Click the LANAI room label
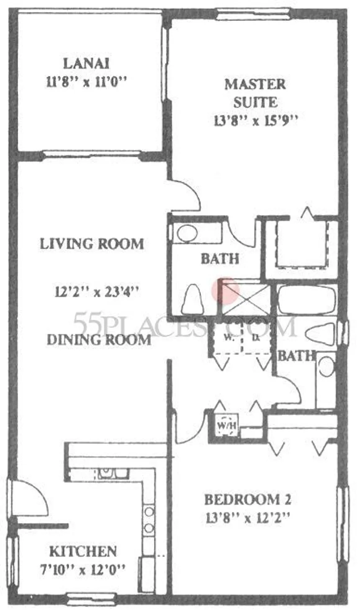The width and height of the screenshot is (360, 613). coord(86,64)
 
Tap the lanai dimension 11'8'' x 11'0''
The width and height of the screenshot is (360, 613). coord(87,82)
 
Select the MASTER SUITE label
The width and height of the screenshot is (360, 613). coord(255,93)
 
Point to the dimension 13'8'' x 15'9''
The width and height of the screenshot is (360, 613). coord(255,120)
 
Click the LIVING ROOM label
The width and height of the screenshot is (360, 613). coord(92,244)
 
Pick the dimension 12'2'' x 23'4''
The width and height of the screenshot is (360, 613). coord(97,292)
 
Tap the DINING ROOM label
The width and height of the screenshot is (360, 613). coord(99,340)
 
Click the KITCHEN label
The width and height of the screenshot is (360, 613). coord(83,543)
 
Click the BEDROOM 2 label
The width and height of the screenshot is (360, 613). coord(248,500)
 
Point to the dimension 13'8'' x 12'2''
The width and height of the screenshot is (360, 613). coord(248,518)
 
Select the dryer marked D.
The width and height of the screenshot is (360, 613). coord(256,337)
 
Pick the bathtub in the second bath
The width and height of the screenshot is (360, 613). coord(306,299)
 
